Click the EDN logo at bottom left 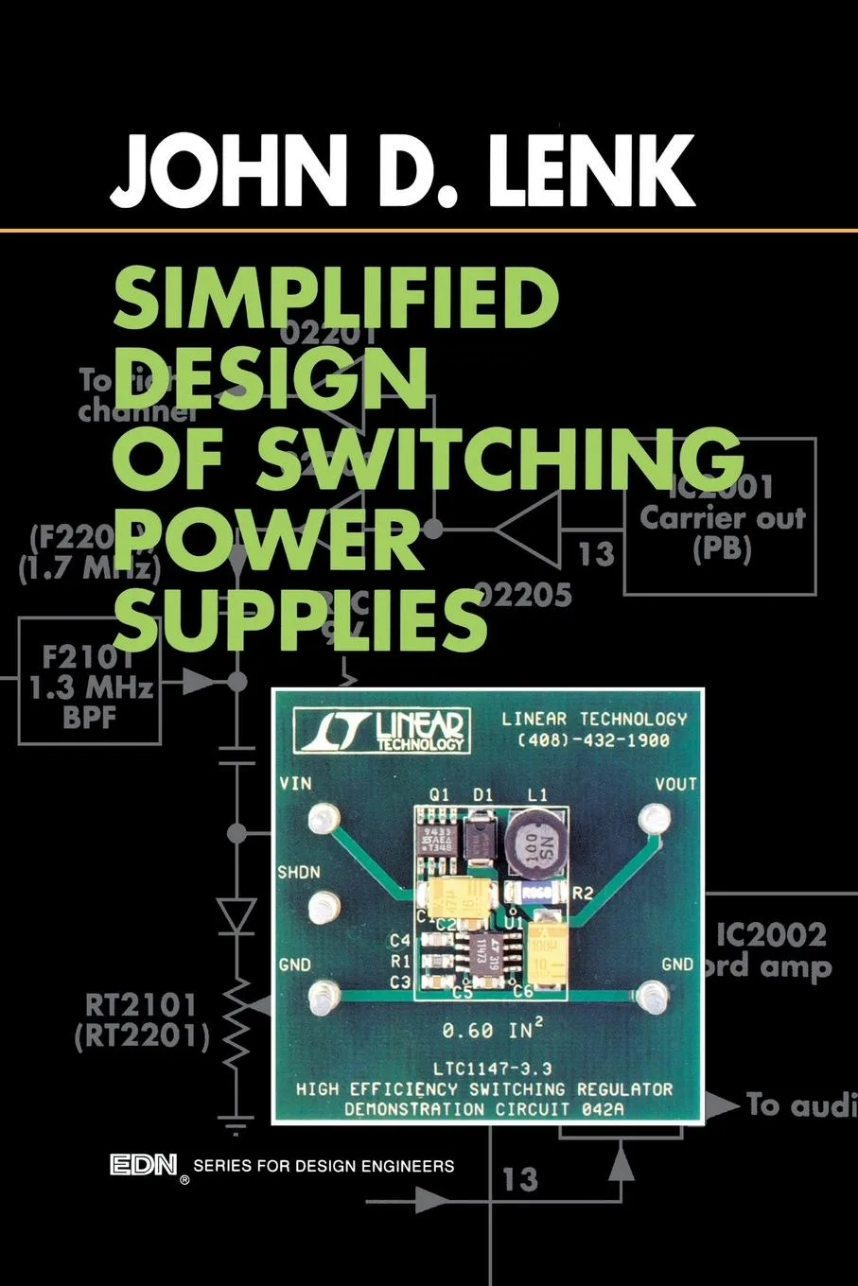(144, 1165)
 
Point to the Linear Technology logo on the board (382, 730)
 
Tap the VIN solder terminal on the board (324, 818)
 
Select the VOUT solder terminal (653, 818)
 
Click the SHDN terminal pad (324, 908)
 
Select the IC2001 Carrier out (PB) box (720, 517)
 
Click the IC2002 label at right (771, 935)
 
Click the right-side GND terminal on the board (651, 996)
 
